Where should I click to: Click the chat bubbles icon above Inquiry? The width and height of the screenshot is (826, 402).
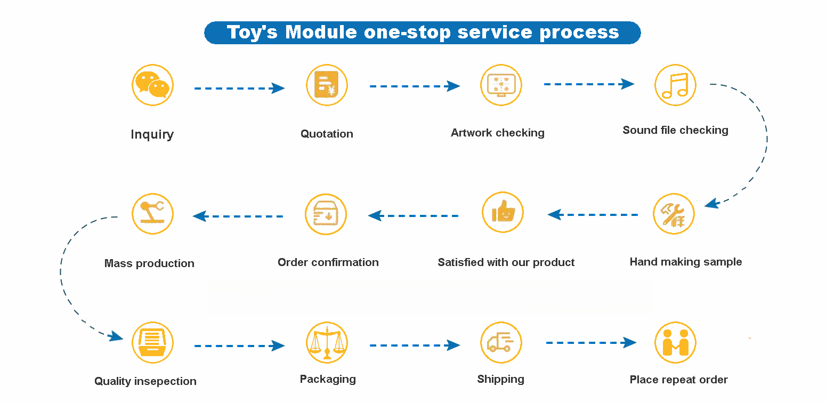point(152,85)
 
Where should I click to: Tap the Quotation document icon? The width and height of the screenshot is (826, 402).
point(327,85)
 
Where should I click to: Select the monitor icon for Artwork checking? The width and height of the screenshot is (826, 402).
point(501,85)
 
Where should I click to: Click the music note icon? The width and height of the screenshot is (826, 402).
point(675,85)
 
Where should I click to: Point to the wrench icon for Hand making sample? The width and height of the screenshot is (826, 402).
point(674,214)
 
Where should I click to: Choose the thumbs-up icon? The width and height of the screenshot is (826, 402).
point(503,213)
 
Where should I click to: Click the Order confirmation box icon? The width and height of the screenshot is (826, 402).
point(326,214)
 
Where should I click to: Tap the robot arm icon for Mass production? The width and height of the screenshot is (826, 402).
point(152,214)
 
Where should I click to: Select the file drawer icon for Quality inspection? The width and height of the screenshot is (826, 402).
point(152,342)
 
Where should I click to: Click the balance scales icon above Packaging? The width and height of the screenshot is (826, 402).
point(327,343)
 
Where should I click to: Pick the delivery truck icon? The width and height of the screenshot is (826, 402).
point(501,342)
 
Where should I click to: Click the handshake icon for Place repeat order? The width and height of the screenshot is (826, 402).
point(675,342)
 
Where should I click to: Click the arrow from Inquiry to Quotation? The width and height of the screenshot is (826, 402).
point(239,88)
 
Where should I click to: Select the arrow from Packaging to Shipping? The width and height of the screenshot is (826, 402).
point(415,345)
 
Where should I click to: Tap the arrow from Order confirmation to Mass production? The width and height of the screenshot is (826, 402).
point(238,216)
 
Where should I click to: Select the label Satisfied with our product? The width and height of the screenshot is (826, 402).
point(506,262)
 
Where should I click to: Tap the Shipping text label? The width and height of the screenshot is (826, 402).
point(500,379)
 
